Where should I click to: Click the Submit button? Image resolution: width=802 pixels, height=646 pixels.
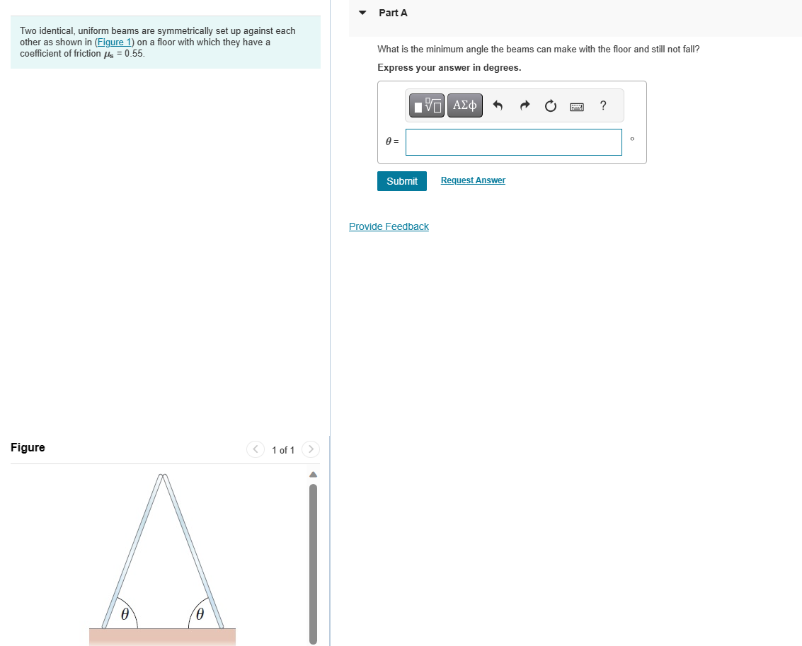pos(402,181)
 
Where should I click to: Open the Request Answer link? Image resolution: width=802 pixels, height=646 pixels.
pos(473,180)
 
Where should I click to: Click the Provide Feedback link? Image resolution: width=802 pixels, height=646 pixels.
pos(389,226)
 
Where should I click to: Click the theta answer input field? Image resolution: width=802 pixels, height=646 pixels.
pos(514,142)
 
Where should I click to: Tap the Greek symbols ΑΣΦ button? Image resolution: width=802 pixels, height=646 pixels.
pos(465,106)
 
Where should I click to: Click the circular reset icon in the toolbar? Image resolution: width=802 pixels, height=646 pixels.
pos(551,106)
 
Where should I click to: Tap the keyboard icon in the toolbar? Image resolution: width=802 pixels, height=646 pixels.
pos(577,106)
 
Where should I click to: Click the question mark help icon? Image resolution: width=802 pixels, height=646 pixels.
pos(602,106)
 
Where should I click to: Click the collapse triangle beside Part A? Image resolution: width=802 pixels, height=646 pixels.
pos(363,13)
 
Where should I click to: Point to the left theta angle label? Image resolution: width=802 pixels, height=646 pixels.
pos(125,614)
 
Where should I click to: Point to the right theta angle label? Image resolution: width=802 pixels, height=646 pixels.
pos(200,614)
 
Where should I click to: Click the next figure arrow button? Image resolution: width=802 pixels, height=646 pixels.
pos(310,449)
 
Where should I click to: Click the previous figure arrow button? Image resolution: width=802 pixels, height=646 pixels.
pos(255,449)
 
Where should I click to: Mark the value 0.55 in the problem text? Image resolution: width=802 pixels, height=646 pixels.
pos(134,53)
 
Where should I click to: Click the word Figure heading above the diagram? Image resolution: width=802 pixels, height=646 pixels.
pos(28,447)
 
